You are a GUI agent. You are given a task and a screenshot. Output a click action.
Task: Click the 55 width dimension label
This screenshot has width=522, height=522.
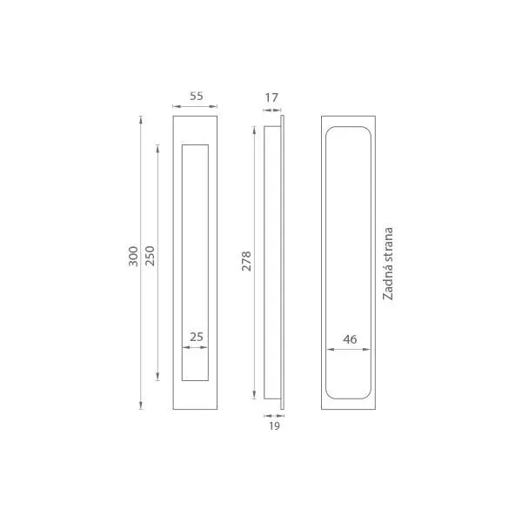pos(196,97)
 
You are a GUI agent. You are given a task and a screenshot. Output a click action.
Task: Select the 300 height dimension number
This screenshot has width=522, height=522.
pos(133,257)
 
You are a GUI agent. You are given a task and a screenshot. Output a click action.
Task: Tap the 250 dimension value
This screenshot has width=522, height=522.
pos(151,256)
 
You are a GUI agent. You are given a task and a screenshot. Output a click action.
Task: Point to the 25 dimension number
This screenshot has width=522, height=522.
pos(197,337)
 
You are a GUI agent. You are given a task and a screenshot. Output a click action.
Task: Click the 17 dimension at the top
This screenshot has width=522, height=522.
pos(271,97)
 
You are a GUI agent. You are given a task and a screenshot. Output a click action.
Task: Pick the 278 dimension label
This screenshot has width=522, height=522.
pos(246,261)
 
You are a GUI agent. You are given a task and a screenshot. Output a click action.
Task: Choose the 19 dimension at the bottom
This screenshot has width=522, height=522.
pos(274,426)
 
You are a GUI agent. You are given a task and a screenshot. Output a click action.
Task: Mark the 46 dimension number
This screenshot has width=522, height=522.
pos(350,339)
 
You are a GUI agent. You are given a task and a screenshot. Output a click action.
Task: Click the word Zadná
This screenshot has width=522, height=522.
pos(388,282)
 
